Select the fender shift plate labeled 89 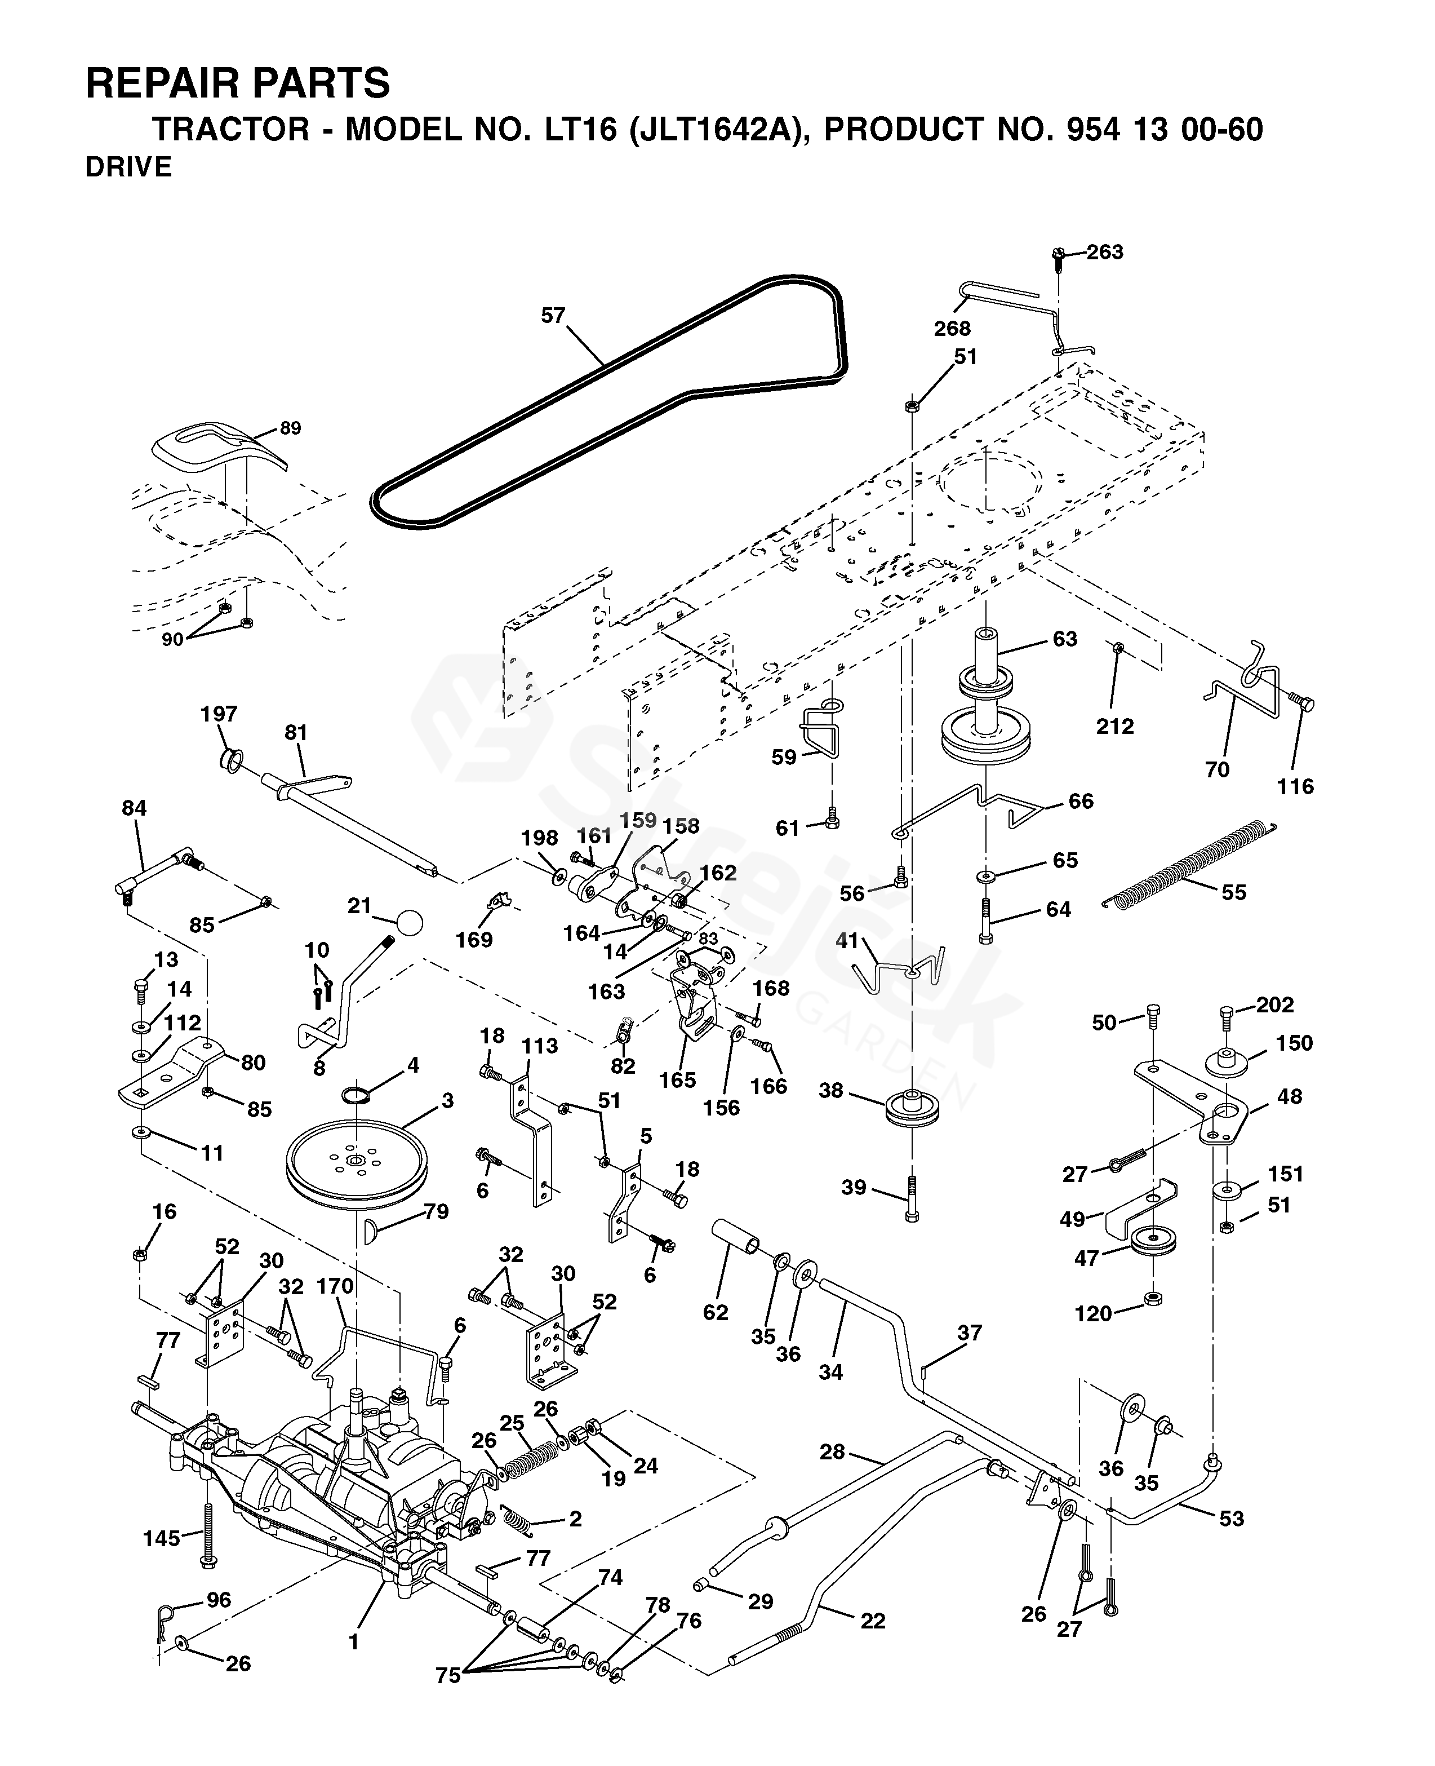pyautogui.click(x=219, y=448)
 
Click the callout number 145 pyautogui.click(x=161, y=1538)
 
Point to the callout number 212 pyautogui.click(x=1115, y=726)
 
